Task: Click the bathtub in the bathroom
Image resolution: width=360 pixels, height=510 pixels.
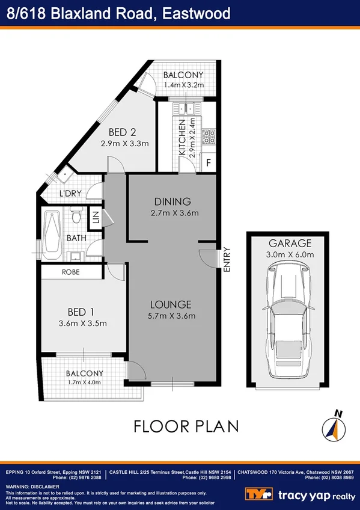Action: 53,233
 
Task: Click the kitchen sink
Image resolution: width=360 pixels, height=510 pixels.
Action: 187,109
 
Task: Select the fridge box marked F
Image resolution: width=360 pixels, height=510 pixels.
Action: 209,163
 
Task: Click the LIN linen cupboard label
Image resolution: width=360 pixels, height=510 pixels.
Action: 95,218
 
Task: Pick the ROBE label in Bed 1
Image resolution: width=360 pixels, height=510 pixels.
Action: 71,272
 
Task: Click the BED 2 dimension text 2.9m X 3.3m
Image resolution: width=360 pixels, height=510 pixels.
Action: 124,143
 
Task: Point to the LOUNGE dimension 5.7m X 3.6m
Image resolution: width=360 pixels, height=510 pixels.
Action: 171,316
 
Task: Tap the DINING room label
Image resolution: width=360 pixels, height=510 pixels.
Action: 172,201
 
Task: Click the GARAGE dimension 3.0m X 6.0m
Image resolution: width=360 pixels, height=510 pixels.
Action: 290,255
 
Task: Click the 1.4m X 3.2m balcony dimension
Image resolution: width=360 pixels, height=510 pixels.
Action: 183,85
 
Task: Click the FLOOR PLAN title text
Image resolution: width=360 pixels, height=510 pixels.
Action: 186,426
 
